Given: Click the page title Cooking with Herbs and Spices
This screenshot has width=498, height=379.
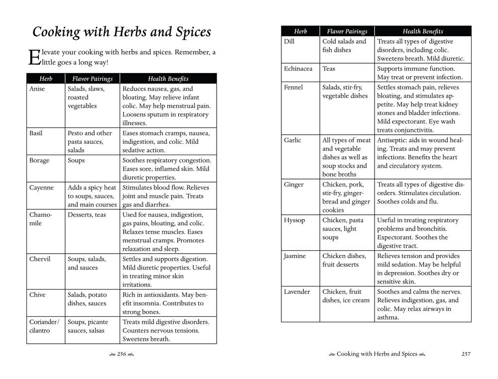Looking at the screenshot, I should pos(122,32).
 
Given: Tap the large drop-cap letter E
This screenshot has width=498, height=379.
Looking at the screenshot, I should pos(33,57).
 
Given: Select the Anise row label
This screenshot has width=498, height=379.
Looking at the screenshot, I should pos(37,89).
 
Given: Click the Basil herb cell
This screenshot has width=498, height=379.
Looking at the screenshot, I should pos(36,133).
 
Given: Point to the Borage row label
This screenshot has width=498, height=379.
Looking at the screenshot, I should pos(39,161).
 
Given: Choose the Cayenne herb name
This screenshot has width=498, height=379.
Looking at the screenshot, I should pos(41,188).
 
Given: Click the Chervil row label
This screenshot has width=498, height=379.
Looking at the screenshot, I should pos(40,259).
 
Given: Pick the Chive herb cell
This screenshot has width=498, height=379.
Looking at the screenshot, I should pos(37,295).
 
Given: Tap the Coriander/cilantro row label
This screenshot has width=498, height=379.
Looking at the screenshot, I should pos(44,326).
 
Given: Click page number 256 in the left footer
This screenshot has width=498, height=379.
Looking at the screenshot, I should pos(122,354).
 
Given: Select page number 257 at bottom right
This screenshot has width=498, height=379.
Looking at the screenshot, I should pos(466,354).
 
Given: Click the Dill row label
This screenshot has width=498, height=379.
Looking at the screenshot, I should pos(289,42).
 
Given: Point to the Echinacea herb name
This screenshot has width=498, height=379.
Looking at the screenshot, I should pos(298,69).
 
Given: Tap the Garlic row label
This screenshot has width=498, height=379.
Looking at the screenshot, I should pos(292,140).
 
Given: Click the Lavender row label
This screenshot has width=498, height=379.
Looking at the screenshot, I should pos(297,292).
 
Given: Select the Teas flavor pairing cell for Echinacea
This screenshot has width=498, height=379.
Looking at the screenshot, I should pos(329,69).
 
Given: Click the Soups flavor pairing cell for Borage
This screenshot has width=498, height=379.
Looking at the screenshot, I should pos(76,161).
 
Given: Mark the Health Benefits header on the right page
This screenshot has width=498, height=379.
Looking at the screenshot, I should pos(423,31).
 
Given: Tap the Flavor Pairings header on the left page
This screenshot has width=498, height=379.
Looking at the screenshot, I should pos(93,79).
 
